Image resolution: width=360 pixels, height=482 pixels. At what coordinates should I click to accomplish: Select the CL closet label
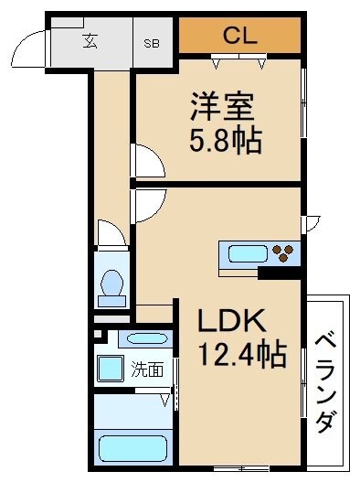point(239,36)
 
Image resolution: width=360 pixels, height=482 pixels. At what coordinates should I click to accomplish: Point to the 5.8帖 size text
point(225,140)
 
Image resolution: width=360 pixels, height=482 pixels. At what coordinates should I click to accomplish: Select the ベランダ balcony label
point(326,384)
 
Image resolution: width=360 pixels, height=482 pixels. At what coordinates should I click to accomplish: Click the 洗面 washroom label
point(146,370)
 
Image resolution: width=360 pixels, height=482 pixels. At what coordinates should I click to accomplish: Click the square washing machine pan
point(111,370)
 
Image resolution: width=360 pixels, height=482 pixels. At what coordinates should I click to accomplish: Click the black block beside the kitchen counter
point(279,272)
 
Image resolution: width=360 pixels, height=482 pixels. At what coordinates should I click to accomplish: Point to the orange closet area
point(239,36)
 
